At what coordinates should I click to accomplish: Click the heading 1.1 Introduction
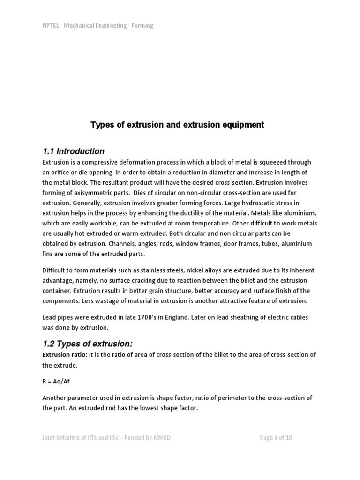pos(74,151)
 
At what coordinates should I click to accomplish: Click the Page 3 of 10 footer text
pos(276,438)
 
